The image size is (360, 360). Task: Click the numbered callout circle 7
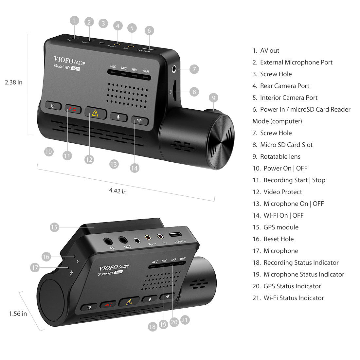pyautogui.click(x=194, y=69)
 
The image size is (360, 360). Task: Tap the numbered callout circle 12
pyautogui.click(x=89, y=159)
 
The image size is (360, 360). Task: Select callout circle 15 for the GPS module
pyautogui.click(x=54, y=227)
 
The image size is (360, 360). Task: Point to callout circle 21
pyautogui.click(x=185, y=320)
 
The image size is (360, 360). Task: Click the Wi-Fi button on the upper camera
pyautogui.click(x=139, y=120)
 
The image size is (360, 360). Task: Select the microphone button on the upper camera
pyautogui.click(x=118, y=117)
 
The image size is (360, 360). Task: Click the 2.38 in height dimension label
pyautogui.click(x=14, y=82)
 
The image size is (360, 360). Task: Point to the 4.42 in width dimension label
pyautogui.click(x=118, y=191)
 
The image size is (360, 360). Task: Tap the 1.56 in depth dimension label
pyautogui.click(x=18, y=314)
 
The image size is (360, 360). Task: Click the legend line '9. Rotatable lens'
pyautogui.click(x=277, y=157)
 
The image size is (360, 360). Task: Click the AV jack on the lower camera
pyautogui.click(x=108, y=242)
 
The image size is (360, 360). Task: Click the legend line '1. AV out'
pyautogui.click(x=266, y=51)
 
